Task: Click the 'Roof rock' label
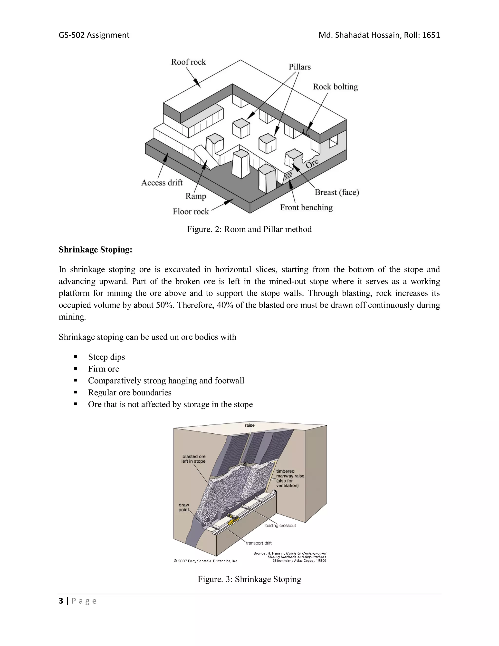click(188, 62)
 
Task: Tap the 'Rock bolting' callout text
click(335, 87)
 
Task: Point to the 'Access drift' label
click(162, 183)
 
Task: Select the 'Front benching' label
click(306, 208)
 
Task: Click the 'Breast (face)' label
click(337, 192)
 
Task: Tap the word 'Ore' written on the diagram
click(312, 163)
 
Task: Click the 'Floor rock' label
click(191, 212)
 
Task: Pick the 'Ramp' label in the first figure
click(196, 196)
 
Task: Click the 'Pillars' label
click(299, 67)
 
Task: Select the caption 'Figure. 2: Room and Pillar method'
click(249, 229)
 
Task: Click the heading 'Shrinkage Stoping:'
click(95, 250)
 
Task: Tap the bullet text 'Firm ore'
click(104, 369)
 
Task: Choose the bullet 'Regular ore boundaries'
click(129, 392)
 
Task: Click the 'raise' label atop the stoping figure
click(249, 425)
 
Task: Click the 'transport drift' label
click(259, 543)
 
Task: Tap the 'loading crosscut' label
click(280, 526)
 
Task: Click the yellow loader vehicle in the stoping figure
click(233, 519)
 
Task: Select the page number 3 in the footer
click(61, 601)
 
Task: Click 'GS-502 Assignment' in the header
click(94, 35)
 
